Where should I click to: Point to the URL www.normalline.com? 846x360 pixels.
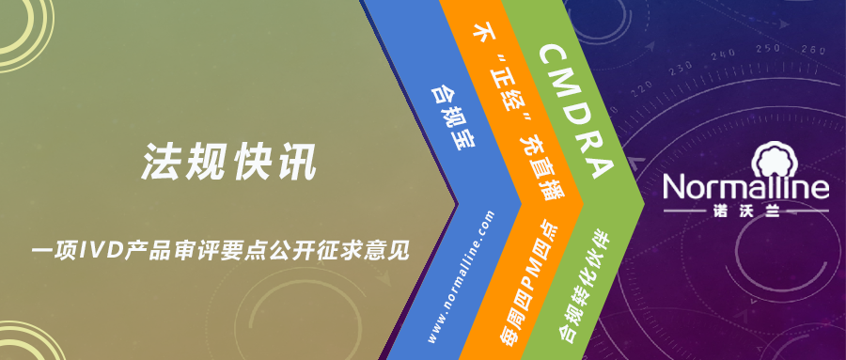(x=461, y=276)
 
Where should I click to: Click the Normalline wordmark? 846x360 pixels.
(x=746, y=187)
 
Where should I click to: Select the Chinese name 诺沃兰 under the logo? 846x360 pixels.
(x=745, y=211)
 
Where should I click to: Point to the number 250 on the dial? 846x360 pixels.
(x=768, y=49)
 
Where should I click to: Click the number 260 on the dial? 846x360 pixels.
(x=814, y=50)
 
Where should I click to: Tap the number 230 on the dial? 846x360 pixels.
(x=681, y=69)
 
